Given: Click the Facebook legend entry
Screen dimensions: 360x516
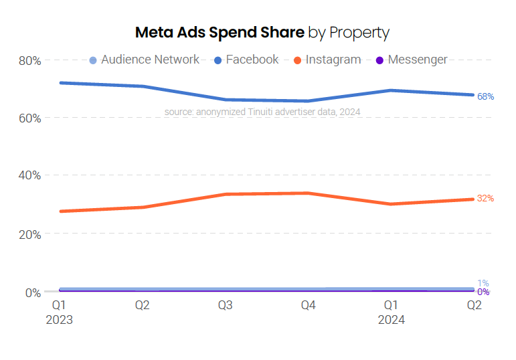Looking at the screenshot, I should tap(246, 60).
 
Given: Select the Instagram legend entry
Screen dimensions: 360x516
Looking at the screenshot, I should tap(327, 60).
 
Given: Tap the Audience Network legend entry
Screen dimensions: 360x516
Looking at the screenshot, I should tap(144, 60).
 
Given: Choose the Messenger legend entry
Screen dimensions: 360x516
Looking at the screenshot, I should tap(411, 60).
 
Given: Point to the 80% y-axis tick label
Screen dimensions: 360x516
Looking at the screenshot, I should tap(30, 61).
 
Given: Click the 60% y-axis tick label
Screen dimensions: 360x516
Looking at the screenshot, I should tap(30, 118).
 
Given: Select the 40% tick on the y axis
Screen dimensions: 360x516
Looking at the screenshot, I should tap(30, 175).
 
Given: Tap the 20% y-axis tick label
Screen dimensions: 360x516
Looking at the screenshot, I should tap(30, 234).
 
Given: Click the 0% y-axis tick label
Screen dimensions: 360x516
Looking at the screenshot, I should tap(33, 292).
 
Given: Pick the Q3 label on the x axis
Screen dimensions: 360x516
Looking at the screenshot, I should tap(225, 306).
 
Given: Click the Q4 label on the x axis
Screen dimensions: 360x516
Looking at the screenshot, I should tap(308, 306).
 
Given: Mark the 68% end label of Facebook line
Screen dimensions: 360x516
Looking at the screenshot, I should tap(485, 97).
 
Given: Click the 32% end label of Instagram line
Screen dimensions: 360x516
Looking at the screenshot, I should tap(485, 199).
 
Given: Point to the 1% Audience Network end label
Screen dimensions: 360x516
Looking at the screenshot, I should tap(483, 283).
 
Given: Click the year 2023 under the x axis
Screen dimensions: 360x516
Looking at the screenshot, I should tap(59, 320).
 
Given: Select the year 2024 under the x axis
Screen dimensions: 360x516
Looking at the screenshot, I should tap(391, 320).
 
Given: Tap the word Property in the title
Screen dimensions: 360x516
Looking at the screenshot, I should tap(359, 32).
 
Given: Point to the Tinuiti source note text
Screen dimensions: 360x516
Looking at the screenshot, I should tap(262, 112).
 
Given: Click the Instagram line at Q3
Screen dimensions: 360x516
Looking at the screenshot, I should tap(225, 194).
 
